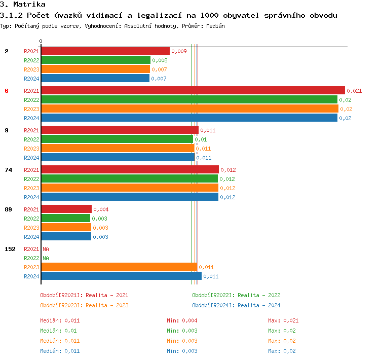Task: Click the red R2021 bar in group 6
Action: [x=193, y=90]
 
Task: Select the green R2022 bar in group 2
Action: [x=96, y=60]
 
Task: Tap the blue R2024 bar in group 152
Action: [x=121, y=276]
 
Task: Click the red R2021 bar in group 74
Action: [x=130, y=169]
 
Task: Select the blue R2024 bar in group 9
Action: [x=118, y=157]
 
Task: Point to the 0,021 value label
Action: [x=354, y=91]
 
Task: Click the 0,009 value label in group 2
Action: [x=179, y=51]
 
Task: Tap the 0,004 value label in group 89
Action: [x=101, y=209]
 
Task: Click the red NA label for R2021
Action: [x=46, y=249]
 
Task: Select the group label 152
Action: [x=10, y=249]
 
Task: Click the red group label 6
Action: [x=7, y=91]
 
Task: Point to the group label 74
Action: [x=8, y=170]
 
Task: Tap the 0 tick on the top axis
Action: [x=41, y=42]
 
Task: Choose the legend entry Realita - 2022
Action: [x=236, y=295]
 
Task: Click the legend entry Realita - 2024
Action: [x=236, y=305]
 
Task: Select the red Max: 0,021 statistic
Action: [x=283, y=320]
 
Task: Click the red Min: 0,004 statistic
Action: [x=182, y=320]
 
